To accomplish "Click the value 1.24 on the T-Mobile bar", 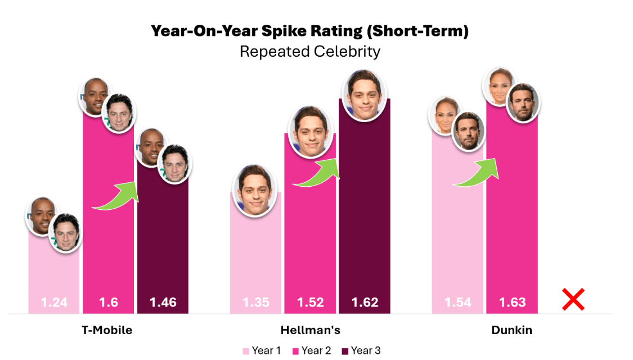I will click(x=54, y=303).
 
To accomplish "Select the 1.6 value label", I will click(x=109, y=303).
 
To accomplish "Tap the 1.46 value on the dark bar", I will click(x=163, y=303).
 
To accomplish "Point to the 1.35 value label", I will click(x=256, y=303).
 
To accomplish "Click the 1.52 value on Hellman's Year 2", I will click(x=311, y=303).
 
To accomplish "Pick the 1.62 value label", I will click(x=365, y=303).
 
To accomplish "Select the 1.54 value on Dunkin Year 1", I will click(x=457, y=303).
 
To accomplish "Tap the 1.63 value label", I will click(x=512, y=303).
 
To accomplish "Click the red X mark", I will click(x=573, y=299).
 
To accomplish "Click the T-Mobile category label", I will click(x=107, y=330).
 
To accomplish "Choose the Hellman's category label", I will click(x=311, y=330).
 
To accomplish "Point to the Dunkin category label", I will click(x=511, y=330).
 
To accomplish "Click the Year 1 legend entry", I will click(x=262, y=351).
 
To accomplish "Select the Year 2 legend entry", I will click(x=311, y=351).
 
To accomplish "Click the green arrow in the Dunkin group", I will click(x=477, y=173).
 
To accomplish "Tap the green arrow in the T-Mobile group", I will click(x=116, y=196).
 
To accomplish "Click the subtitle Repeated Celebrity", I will click(x=310, y=52).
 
